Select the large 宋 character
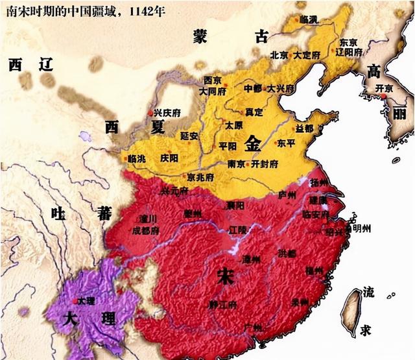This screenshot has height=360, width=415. coord(226,277)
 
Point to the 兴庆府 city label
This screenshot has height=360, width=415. coord(167,113)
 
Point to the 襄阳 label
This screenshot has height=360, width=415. coord(235,206)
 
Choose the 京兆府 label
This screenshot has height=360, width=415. coord(202,176)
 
